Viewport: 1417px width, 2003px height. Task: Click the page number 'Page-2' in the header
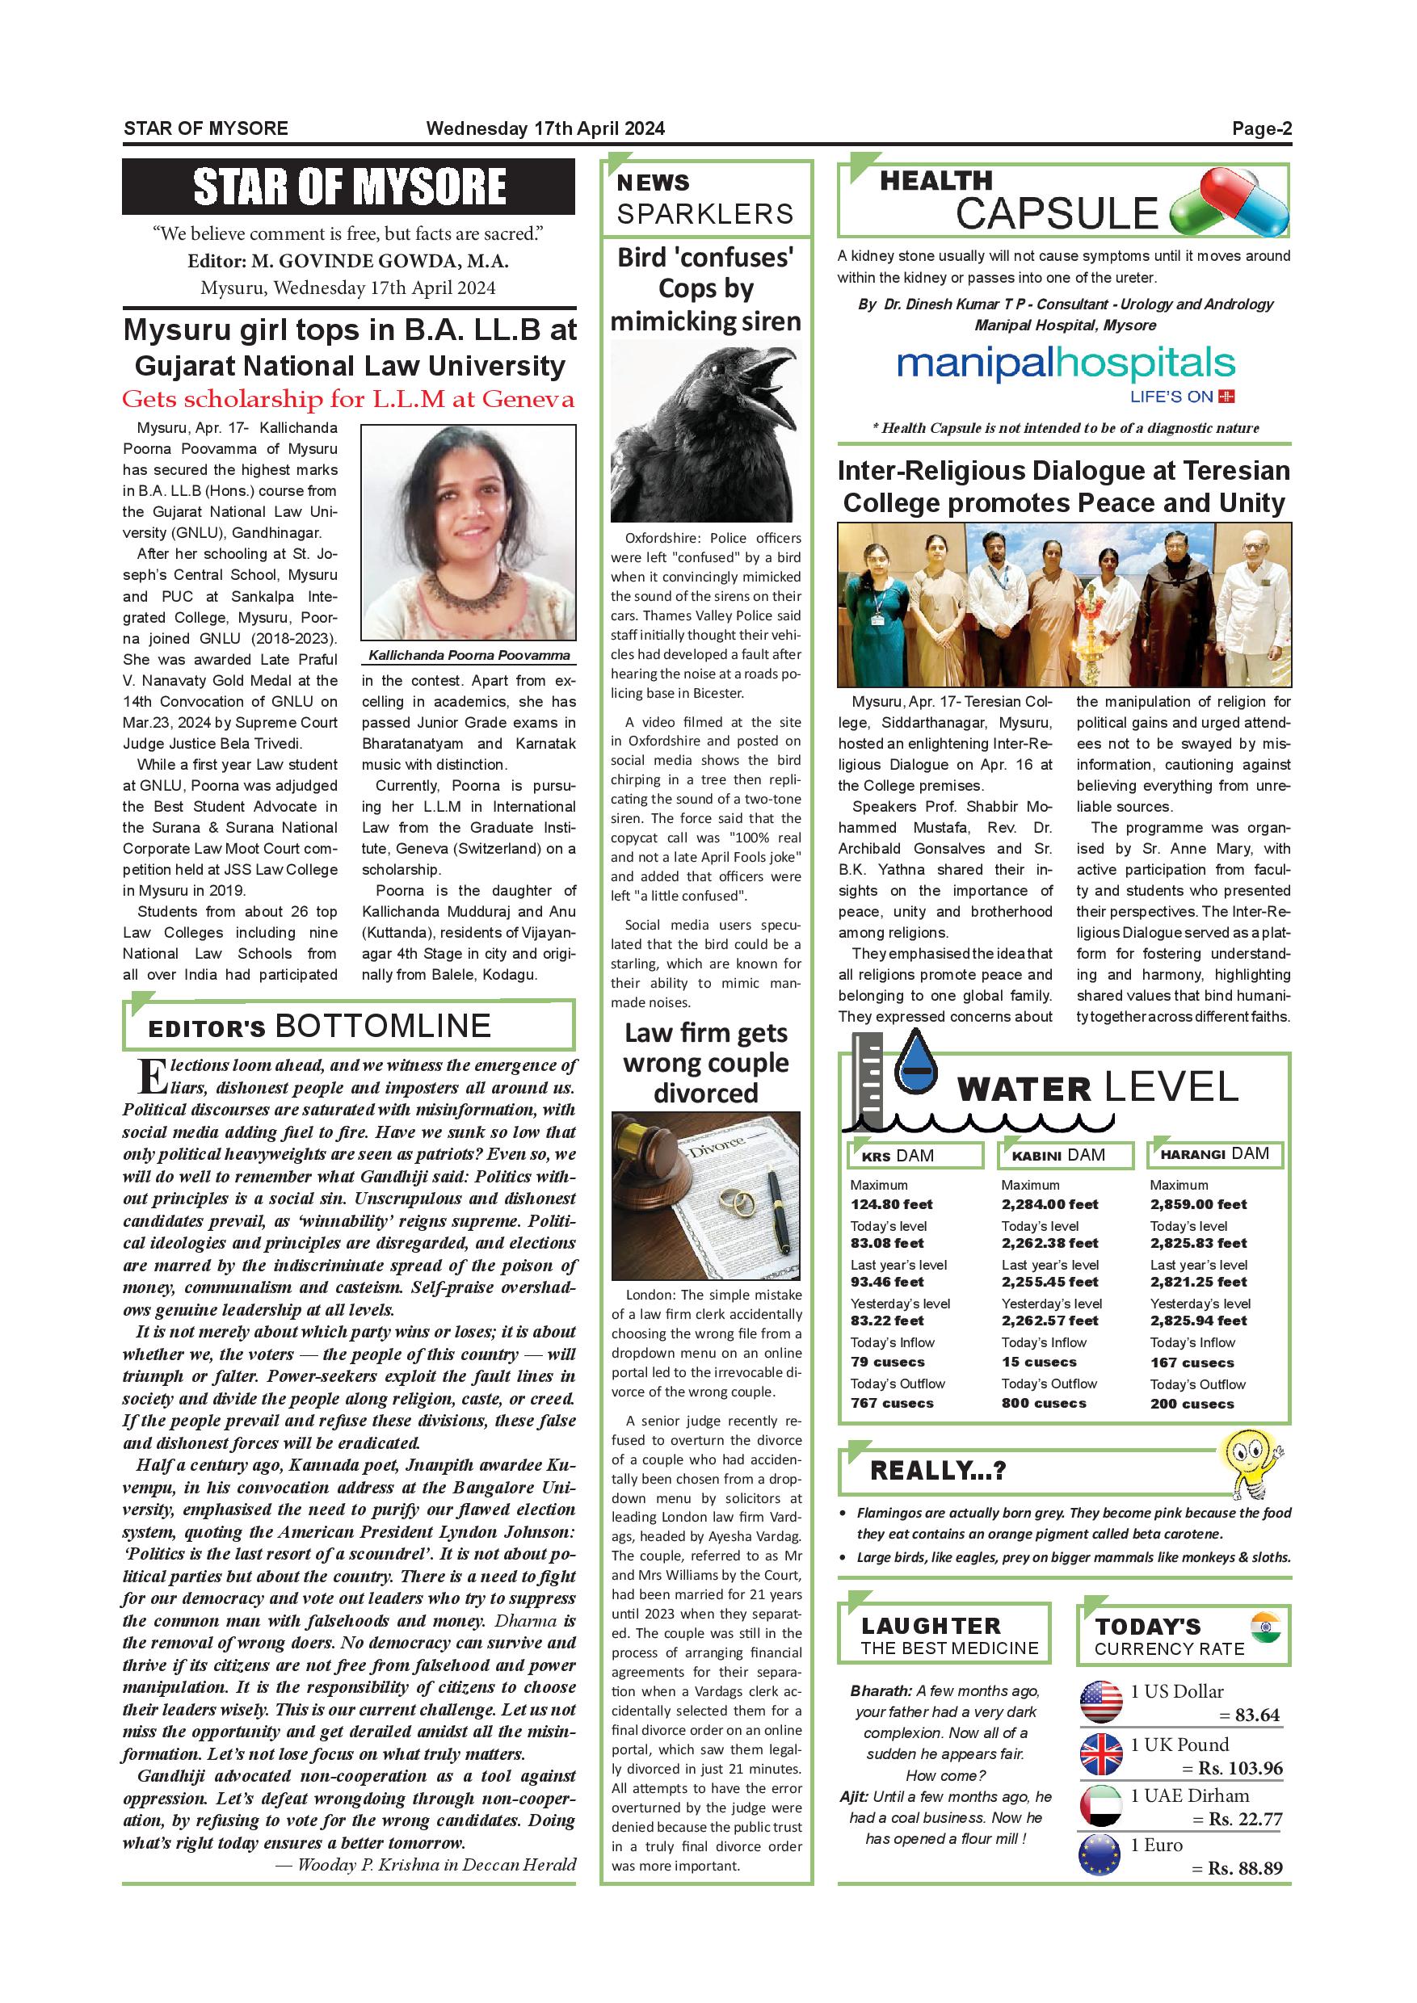1261,129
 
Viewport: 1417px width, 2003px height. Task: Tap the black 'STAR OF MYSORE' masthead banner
348,187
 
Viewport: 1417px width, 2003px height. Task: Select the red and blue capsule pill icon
1230,204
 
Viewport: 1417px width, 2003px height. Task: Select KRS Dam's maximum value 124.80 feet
891,1204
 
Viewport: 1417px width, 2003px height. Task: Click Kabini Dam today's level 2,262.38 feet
1049,1243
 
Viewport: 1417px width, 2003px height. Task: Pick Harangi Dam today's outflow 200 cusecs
1191,1404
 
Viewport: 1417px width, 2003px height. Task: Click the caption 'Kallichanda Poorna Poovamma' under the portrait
469,655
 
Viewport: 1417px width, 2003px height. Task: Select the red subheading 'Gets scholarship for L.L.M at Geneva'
348,400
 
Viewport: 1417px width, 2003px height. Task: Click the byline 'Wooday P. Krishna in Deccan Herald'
426,1865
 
